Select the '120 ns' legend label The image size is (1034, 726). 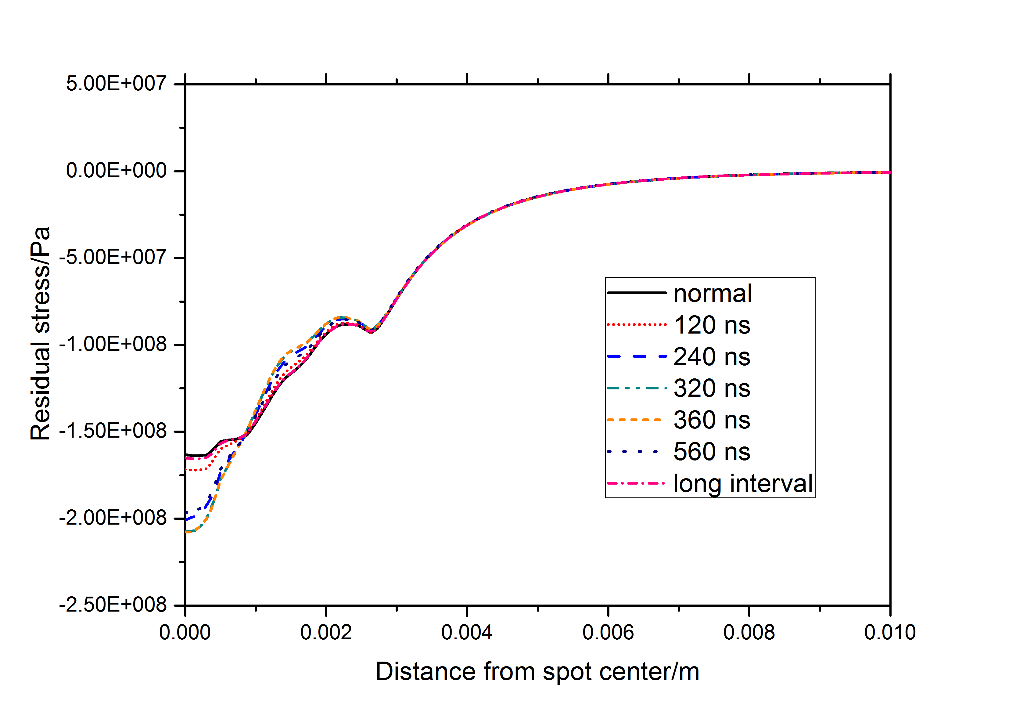[x=712, y=325]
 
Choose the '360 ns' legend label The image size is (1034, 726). [x=712, y=420]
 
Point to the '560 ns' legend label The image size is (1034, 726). [x=712, y=452]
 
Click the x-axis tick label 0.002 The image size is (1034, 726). [x=326, y=632]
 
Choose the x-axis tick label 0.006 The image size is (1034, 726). [x=608, y=632]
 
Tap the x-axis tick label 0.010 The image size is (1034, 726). [x=890, y=632]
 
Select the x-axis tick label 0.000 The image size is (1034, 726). [x=185, y=632]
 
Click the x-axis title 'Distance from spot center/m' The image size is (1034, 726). [x=537, y=671]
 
